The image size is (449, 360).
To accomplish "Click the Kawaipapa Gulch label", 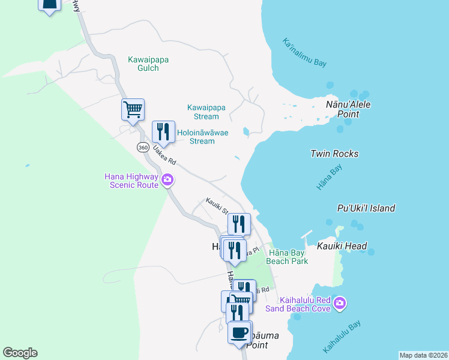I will click(x=143, y=64).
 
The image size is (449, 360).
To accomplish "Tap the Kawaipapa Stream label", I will click(x=206, y=112).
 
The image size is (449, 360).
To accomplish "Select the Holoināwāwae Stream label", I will click(x=202, y=137).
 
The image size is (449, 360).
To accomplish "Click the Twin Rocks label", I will click(x=334, y=154).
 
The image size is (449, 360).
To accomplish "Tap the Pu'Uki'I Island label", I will click(x=366, y=208).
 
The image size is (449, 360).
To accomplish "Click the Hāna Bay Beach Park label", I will click(x=288, y=256).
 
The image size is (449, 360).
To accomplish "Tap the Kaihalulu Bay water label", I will click(x=342, y=337).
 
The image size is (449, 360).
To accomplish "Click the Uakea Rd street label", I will click(x=164, y=154).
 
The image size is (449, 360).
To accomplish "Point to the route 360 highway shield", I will click(x=143, y=147).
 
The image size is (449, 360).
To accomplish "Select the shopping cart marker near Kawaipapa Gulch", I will click(x=133, y=110).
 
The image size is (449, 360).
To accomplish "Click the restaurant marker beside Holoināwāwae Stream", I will click(x=163, y=132).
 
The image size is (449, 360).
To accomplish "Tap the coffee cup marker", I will click(x=240, y=332).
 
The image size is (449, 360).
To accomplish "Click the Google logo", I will click(x=20, y=353).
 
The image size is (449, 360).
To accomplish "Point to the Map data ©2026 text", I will click(x=423, y=355).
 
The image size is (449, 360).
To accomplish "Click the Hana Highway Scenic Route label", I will click(x=131, y=181).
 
